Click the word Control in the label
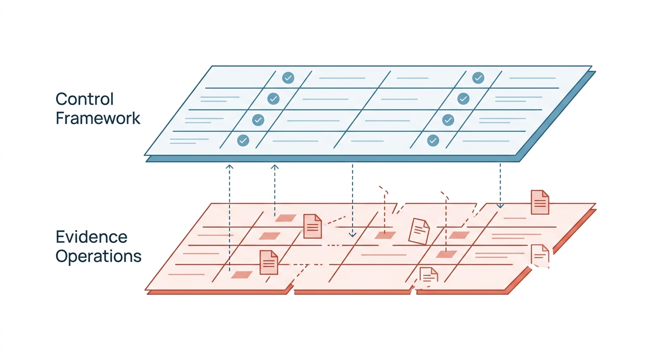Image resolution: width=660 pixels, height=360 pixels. click(84, 99)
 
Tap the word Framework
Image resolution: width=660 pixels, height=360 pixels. click(98, 119)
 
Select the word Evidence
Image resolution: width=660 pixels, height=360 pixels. click(91, 237)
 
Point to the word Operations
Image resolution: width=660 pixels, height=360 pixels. click(98, 256)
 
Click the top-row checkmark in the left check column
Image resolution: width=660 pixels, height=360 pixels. click(288, 78)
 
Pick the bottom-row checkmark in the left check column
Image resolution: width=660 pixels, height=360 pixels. click(243, 141)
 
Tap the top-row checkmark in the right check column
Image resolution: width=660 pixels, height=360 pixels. click(478, 78)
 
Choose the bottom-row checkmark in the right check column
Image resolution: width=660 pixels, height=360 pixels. click(433, 141)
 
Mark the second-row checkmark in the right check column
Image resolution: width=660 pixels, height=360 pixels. click(464, 99)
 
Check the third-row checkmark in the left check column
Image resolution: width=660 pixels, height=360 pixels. click(258, 120)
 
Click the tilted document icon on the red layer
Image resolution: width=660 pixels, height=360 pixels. click(419, 231)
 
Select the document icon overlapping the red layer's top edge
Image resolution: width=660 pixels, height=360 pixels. click(540, 202)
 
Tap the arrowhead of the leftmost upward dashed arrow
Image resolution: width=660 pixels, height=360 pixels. click(230, 166)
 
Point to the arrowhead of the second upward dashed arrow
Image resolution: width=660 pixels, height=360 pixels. click(275, 166)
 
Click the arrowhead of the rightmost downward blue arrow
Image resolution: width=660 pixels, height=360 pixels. click(500, 206)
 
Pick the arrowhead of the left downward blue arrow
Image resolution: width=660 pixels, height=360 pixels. click(352, 235)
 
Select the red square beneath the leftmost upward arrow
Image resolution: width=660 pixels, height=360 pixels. click(241, 275)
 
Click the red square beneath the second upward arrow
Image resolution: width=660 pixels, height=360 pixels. click(285, 218)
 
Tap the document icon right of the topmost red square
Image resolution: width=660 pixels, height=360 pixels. click(312, 226)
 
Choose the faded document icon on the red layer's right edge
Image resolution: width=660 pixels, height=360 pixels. click(540, 255)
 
